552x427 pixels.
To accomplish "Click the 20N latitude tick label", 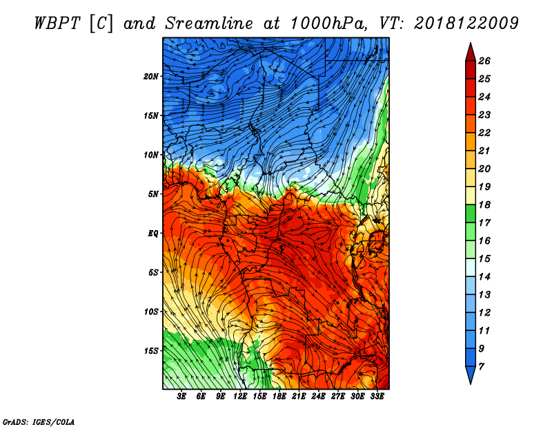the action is coord(150,76).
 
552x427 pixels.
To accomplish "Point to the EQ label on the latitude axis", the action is coord(152,233).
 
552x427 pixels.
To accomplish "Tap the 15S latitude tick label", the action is coord(151,351).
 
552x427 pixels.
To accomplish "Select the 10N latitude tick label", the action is coord(150,155).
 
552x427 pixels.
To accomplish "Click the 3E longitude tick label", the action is coord(181,396).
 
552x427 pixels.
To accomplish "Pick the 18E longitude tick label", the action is coord(279,396).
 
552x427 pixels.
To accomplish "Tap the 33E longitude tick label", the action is coord(377,396).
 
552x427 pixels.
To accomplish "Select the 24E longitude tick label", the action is coord(318,396).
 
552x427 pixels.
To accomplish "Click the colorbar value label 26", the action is coord(484,61).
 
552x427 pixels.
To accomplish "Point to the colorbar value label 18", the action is coord(484,205).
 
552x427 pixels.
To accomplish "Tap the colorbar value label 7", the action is coord(481,366).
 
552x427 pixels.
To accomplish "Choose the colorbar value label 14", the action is coord(484,277).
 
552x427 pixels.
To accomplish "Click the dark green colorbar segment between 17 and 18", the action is coord(471,213).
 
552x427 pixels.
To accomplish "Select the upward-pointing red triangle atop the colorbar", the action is coord(471,53).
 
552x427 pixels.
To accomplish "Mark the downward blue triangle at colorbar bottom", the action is coord(471,374).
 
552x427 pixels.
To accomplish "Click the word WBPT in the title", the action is coord(57,23).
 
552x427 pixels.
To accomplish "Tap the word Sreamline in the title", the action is coord(209,23).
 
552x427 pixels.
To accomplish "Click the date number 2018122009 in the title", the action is coord(466,23).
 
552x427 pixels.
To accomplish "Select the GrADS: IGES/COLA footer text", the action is coord(39,422).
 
